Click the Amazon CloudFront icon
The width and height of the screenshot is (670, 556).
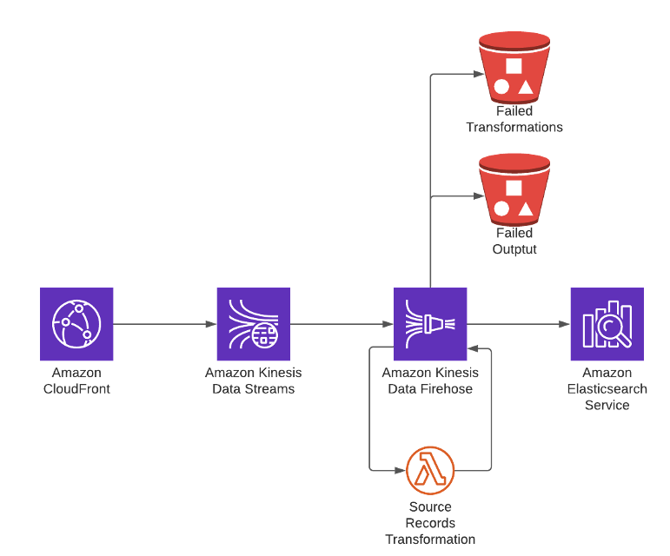pos(76,324)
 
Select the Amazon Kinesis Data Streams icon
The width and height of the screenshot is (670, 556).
pos(253,324)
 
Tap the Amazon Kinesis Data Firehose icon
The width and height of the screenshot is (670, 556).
pos(430,324)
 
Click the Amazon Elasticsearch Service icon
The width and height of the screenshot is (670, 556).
pos(607,324)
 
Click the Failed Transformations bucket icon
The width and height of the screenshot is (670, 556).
pos(514,67)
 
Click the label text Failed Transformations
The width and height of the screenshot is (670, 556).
pos(514,119)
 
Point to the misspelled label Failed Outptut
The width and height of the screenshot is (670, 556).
pos(514,241)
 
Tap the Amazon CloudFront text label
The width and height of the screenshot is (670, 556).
pos(76,381)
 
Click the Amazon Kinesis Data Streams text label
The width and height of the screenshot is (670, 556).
pos(253,381)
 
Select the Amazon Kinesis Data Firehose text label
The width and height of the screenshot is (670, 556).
pos(430,381)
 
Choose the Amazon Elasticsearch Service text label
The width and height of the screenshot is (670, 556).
pos(607,388)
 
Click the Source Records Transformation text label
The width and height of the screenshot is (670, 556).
pos(430,523)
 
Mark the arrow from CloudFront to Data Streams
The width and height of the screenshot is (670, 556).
pos(165,324)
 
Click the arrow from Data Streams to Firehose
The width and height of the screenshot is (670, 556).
pos(342,324)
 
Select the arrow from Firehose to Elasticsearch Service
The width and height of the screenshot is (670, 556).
pos(519,324)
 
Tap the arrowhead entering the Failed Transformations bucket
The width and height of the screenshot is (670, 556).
pos(474,75)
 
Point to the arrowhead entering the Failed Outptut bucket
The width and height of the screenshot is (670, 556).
pos(474,196)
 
